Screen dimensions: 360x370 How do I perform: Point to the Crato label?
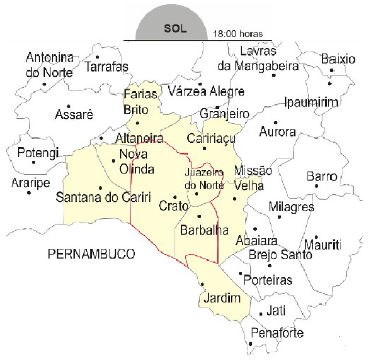click(174, 205)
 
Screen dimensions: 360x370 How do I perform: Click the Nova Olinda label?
click(138, 160)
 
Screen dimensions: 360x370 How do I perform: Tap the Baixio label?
click(338, 59)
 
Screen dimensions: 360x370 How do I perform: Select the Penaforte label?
click(278, 331)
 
